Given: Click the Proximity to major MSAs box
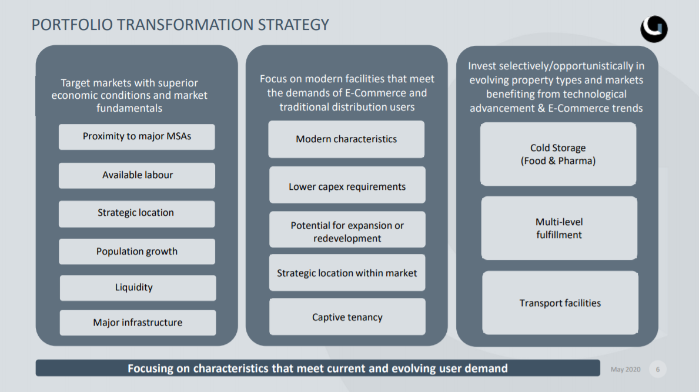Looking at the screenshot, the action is (x=136, y=137).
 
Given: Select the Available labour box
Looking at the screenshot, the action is (x=136, y=176).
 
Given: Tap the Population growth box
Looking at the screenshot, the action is (x=137, y=252).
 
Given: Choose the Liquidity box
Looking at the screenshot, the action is (x=138, y=288).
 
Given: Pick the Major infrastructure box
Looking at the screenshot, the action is (x=138, y=323).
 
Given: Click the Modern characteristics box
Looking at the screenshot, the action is (x=346, y=139).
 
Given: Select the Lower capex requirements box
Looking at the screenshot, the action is (x=347, y=185).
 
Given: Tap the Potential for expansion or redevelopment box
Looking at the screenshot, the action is (x=347, y=229).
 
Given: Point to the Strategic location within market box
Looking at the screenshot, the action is (x=347, y=273).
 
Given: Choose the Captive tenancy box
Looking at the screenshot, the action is (x=347, y=317).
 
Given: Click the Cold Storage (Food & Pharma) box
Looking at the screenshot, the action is (x=558, y=154).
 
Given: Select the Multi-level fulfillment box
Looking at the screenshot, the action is (x=559, y=228).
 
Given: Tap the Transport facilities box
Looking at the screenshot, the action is (x=560, y=303).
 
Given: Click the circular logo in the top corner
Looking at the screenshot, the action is (x=654, y=29).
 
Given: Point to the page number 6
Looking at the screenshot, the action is (x=657, y=369).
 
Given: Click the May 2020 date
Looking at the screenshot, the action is (x=626, y=369).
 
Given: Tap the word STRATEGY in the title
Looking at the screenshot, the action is (x=293, y=25).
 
